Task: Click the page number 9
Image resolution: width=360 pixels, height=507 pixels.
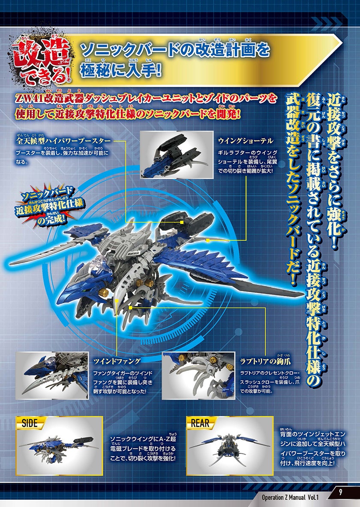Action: point(340,492)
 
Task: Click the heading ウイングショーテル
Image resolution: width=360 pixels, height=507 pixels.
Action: point(246,140)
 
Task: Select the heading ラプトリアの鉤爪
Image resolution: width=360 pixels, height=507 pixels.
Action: point(265,361)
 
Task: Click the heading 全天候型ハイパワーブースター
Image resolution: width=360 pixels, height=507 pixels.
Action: point(63,141)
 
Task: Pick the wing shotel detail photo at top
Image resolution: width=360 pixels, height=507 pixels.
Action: point(177,155)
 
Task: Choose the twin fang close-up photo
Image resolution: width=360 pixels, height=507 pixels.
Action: point(52,376)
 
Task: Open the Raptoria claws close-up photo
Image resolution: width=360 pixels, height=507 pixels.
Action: point(198,376)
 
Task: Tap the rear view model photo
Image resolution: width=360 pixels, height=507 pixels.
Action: point(230,446)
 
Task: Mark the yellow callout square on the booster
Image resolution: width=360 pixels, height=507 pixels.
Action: point(182,223)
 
